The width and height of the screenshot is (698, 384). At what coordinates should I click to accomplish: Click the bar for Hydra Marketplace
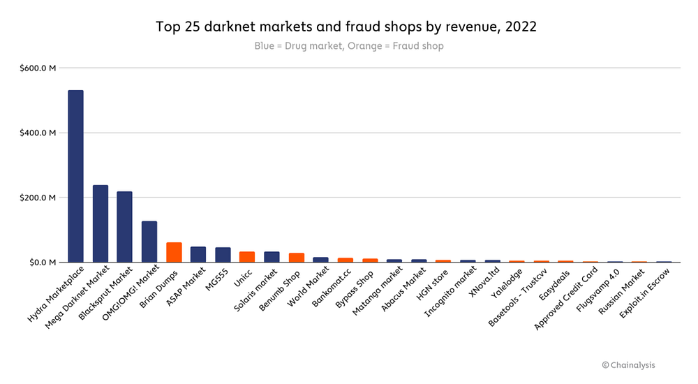75,176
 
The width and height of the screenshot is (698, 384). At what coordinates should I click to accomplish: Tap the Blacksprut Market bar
125,227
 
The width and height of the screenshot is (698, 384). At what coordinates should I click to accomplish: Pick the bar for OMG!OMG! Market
149,242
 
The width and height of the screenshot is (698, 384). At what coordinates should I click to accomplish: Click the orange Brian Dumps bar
174,252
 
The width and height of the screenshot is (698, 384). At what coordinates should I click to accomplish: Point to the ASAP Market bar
198,254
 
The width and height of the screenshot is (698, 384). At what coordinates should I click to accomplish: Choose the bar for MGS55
223,255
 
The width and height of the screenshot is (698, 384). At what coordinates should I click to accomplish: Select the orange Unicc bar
247,257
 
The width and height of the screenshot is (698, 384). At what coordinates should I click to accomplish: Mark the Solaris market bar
272,257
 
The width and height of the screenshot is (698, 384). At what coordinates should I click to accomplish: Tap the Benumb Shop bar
296,258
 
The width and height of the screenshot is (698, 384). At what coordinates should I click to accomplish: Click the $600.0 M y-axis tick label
38,68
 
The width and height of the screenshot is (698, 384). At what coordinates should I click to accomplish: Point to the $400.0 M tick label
38,133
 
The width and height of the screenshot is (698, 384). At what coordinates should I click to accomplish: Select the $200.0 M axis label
38,198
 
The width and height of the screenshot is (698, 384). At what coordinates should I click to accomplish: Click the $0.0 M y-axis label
41,263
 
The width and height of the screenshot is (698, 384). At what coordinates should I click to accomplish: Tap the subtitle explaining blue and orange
348,46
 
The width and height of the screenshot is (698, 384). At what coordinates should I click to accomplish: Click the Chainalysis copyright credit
628,364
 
